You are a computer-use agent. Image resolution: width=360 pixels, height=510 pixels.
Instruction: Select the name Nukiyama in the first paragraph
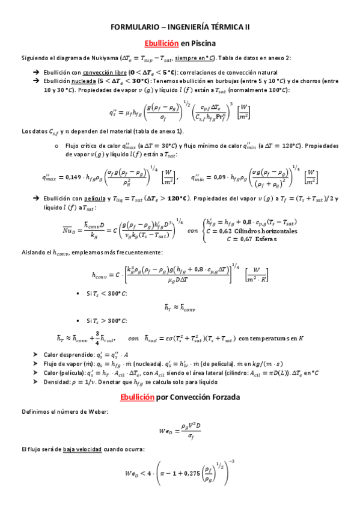tap(108, 58)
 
